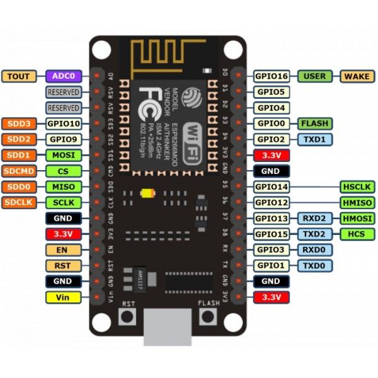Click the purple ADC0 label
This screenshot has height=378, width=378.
64,76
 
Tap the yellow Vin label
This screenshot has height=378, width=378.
63,297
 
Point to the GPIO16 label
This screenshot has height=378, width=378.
272,76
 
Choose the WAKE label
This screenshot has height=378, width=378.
357,76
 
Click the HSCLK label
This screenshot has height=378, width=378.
357,186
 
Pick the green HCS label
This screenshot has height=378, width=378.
357,234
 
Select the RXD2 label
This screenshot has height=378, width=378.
314,218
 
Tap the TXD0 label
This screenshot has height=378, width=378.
314,265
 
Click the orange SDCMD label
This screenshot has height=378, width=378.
20,171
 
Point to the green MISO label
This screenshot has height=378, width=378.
64,186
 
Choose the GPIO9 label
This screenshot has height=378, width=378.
64,139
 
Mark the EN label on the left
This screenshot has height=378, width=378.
63,249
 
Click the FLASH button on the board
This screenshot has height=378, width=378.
209,316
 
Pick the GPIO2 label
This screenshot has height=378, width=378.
272,139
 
